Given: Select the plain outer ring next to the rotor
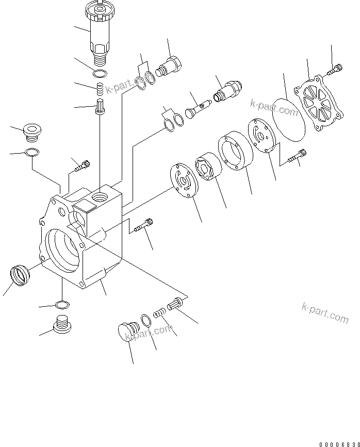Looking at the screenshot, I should tap(235, 151).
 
